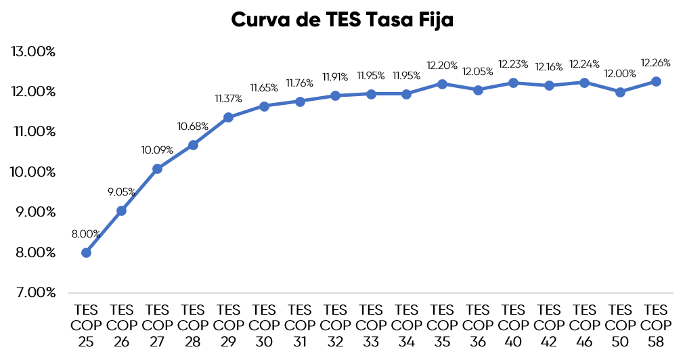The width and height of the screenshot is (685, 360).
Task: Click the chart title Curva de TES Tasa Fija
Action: pos(342,20)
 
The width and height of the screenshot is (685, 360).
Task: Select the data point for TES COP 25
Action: pos(86,252)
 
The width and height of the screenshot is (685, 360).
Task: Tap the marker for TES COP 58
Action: pos(656,81)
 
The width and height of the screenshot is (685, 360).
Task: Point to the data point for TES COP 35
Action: pos(442,84)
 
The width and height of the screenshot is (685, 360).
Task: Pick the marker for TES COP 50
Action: pos(620,92)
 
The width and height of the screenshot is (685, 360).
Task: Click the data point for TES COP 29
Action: pos(228,117)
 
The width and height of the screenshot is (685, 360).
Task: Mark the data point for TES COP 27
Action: pos(157,168)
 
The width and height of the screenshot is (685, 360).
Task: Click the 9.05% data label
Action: pos(122,192)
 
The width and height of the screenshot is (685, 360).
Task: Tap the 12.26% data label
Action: pos(656,63)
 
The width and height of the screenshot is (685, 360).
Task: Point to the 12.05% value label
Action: pos(478,71)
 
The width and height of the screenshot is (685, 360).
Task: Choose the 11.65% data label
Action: pos(264,88)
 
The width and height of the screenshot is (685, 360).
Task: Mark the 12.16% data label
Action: pos(549,67)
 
